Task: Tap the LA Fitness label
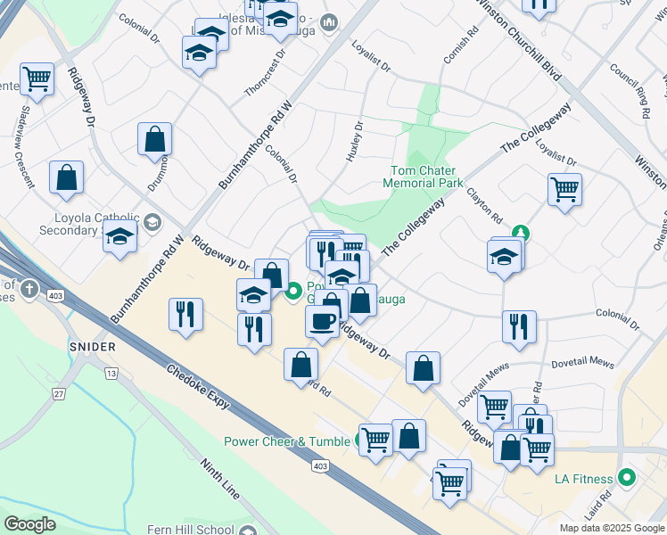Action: [x=585, y=479]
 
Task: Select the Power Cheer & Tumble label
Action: [x=288, y=440]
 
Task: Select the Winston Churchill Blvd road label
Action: [x=518, y=40]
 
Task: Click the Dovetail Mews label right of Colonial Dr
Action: [x=583, y=364]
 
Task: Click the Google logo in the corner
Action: [x=30, y=524]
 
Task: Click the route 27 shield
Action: [x=59, y=394]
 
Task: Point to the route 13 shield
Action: [x=111, y=372]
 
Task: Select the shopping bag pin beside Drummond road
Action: [x=154, y=139]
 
